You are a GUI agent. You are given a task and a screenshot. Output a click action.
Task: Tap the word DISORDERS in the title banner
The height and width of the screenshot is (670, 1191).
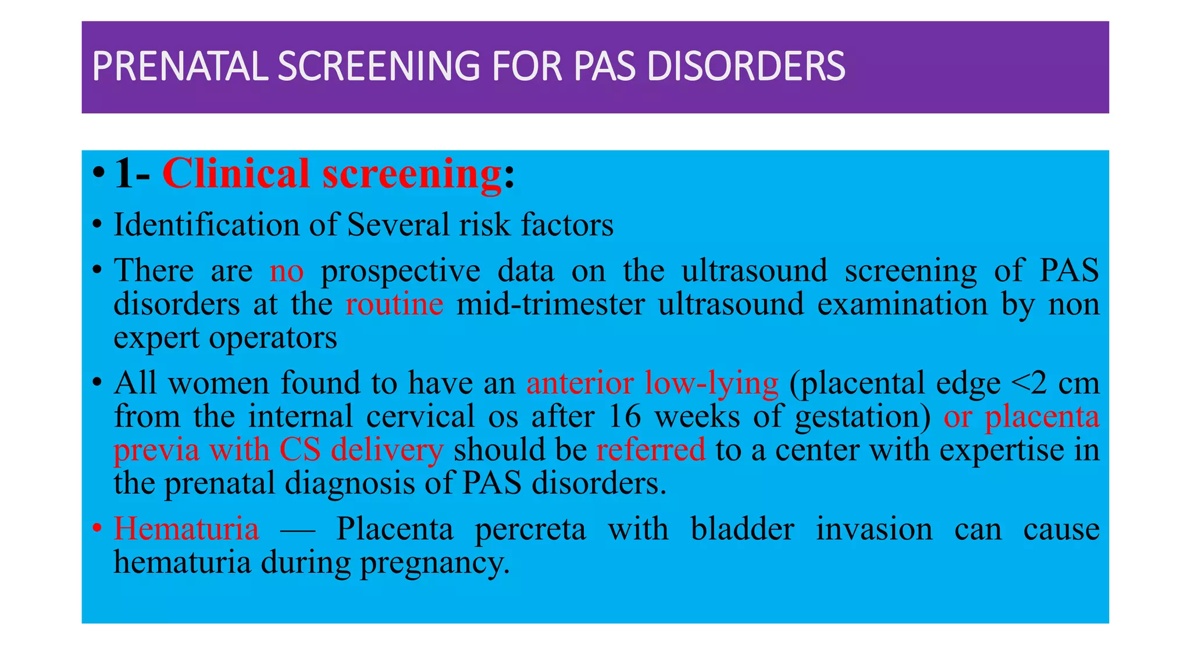point(746,66)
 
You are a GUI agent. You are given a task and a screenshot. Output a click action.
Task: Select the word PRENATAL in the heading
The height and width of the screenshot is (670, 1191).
point(180,66)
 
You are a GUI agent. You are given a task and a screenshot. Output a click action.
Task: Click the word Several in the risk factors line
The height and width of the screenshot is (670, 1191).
point(398,224)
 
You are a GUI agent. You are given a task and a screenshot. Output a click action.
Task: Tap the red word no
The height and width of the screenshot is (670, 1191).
point(286,270)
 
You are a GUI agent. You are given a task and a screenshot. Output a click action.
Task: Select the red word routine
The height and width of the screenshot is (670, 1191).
point(394,304)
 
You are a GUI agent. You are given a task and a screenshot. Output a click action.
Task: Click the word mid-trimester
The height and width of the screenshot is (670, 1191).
point(550,304)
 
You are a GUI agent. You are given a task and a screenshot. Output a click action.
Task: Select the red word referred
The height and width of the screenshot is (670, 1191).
point(651,450)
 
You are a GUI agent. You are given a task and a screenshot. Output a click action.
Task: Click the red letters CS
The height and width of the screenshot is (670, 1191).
point(299,450)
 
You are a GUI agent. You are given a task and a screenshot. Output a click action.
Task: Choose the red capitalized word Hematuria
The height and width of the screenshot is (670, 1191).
point(186,529)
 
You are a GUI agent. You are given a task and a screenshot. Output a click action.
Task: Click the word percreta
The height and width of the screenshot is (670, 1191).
point(530,529)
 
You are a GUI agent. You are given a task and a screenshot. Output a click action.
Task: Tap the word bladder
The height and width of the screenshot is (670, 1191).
point(742,529)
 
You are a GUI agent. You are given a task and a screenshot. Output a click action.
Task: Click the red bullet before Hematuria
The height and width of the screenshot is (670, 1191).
point(98,529)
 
